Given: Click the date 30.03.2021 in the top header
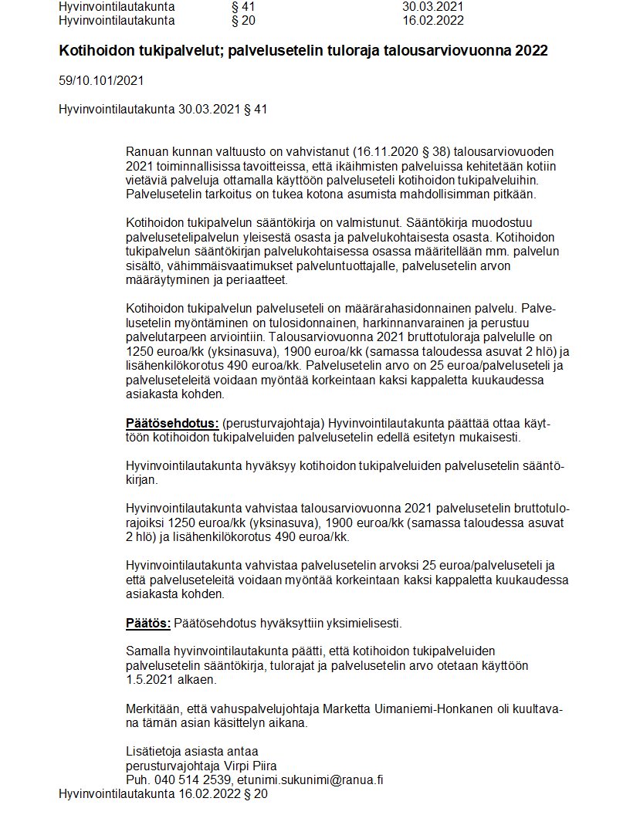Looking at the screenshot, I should [432, 7].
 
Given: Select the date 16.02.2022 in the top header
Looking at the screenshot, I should [432, 21].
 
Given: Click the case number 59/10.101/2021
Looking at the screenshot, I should [101, 80].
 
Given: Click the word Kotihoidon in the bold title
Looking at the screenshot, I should [92, 51].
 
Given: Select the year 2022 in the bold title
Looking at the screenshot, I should [533, 51].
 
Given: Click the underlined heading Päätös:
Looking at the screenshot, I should [148, 623].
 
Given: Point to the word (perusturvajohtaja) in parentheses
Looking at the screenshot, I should [270, 424].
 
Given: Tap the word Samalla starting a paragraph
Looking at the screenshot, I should [147, 651].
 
